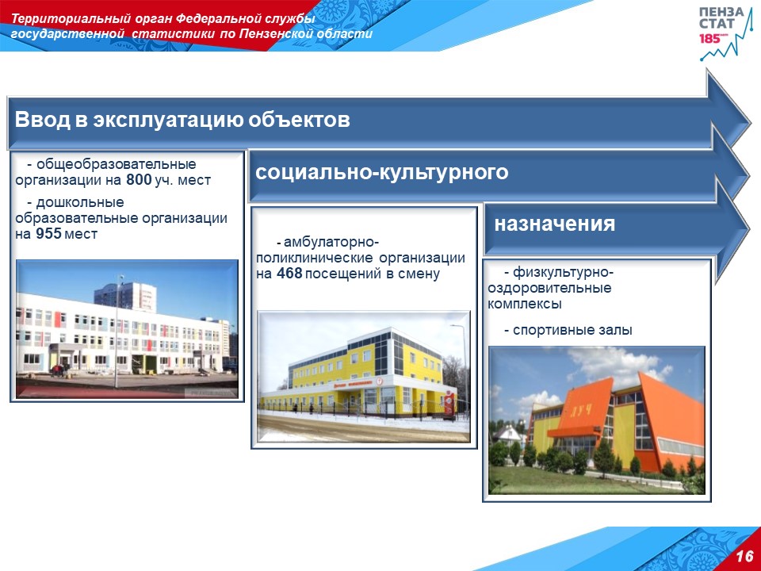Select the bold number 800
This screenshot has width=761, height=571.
[139, 180]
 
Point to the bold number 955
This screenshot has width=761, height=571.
[48, 234]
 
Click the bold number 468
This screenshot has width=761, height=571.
[289, 274]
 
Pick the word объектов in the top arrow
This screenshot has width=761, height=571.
[299, 120]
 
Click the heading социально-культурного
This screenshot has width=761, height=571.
[382, 173]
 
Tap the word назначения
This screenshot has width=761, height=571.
[555, 224]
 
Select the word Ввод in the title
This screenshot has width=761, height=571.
[42, 120]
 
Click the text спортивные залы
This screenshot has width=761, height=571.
[572, 331]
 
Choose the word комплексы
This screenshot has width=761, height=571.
[525, 305]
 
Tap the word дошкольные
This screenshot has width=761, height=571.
[80, 202]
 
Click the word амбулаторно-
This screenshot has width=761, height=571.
[331, 242]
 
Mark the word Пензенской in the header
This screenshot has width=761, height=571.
[276, 34]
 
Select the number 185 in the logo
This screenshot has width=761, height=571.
[709, 39]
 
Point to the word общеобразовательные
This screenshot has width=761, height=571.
[116, 164]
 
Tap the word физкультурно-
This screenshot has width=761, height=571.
[564, 272]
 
